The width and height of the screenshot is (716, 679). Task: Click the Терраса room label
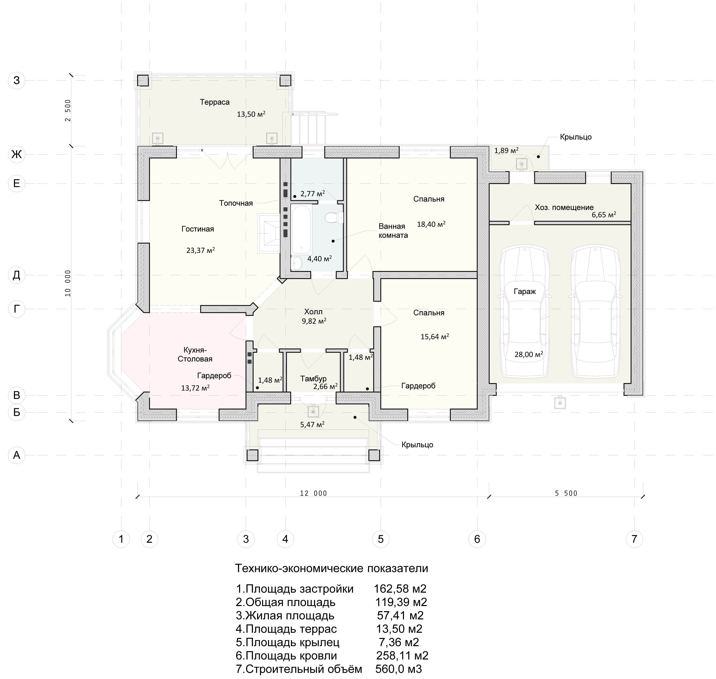coord(215,102)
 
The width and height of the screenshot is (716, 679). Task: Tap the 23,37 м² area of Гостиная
coord(201,250)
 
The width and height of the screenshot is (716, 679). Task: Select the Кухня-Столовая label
coord(195,354)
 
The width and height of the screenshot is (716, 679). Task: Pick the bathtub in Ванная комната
coord(302,229)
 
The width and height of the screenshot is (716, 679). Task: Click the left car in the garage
coord(525,312)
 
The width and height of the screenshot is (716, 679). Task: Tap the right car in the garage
coord(595,312)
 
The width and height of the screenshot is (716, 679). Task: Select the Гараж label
coord(525,291)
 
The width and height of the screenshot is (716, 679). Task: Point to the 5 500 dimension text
coord(566,493)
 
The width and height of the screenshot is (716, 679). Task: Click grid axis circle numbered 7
coord(634,539)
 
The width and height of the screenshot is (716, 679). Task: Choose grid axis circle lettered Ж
coord(17,154)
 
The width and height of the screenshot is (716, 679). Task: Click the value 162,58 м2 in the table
coord(400,589)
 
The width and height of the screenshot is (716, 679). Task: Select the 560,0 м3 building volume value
coord(399,669)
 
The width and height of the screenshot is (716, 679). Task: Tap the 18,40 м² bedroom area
coord(431,224)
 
